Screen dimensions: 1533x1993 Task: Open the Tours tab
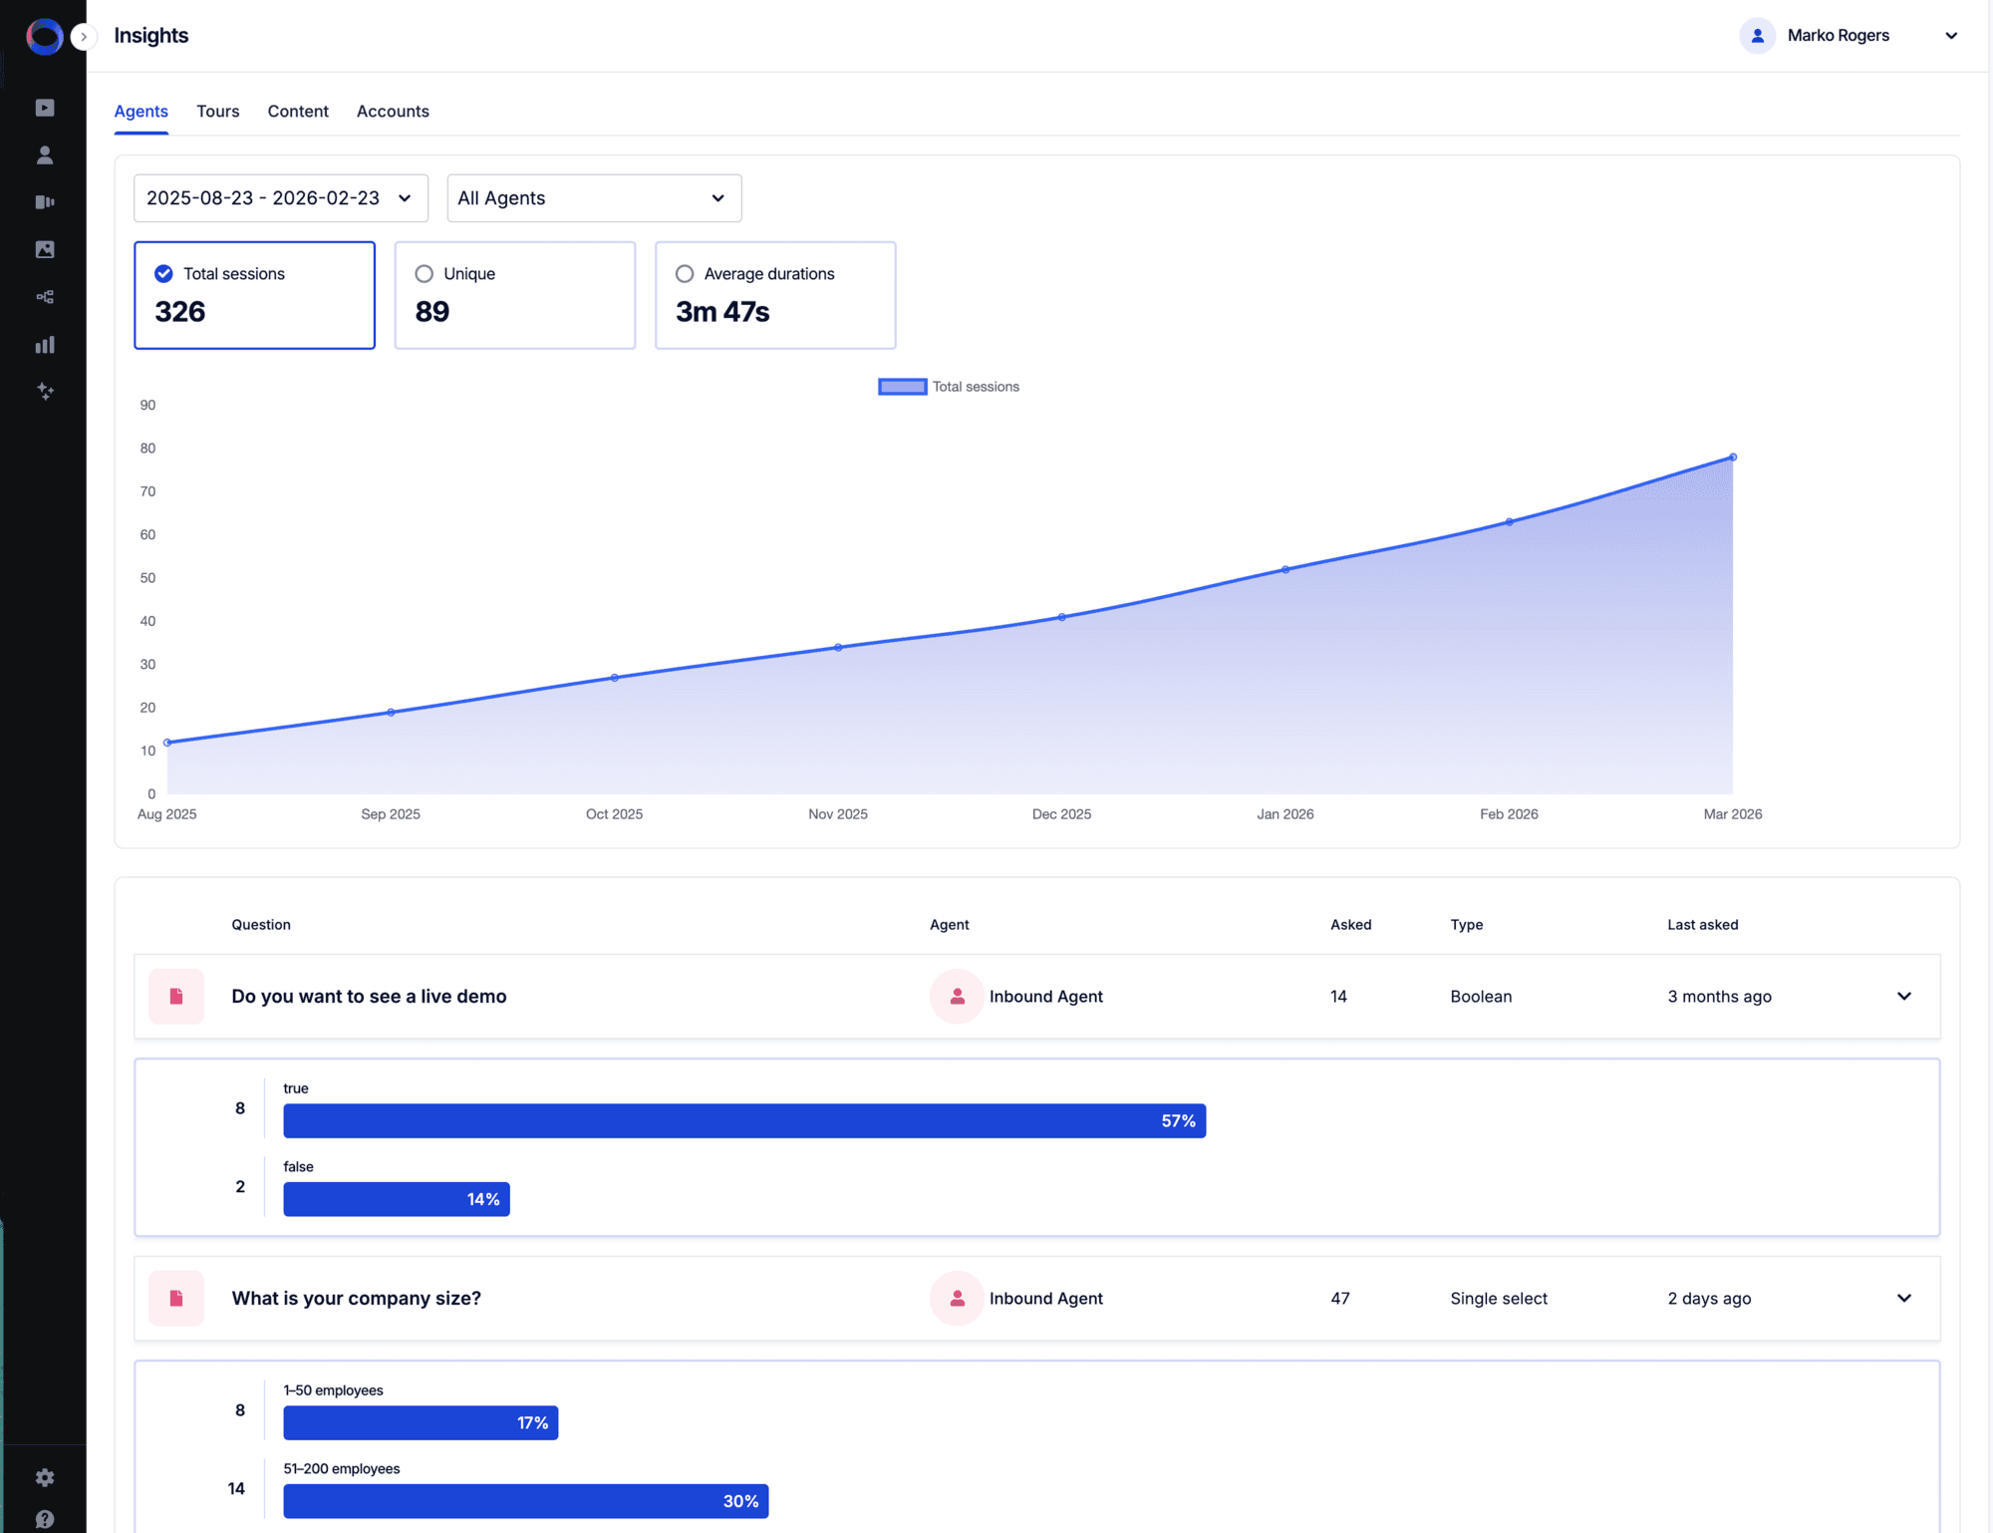[x=217, y=111]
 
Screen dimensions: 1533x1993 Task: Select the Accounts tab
[x=393, y=111]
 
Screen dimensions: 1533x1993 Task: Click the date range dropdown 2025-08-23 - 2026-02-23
[x=280, y=198]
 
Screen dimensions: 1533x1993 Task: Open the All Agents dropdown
[x=594, y=198]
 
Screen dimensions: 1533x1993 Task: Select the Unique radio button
[x=425, y=274]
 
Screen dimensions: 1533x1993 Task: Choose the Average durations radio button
[x=685, y=274]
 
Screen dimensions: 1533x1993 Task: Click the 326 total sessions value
[x=180, y=312]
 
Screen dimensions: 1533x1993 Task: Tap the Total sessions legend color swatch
[x=902, y=387]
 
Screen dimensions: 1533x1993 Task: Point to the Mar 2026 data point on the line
[x=1733, y=458]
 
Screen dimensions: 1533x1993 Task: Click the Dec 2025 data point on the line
[x=1062, y=617]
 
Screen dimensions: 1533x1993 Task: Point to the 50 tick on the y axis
[x=147, y=578]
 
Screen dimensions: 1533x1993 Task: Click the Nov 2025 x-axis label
[x=838, y=814]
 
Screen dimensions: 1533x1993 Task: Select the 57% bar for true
[x=744, y=1121]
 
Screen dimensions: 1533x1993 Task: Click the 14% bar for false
[x=397, y=1199]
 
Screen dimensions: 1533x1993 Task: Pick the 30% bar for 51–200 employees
[x=525, y=1501]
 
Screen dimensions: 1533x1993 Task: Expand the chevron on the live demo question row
[x=1904, y=997]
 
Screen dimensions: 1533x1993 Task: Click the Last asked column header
[x=1703, y=925]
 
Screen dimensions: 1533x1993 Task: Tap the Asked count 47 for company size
[x=1340, y=1299]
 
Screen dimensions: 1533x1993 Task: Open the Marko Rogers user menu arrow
[x=1951, y=36]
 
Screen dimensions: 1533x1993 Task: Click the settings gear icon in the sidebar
[x=45, y=1477]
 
